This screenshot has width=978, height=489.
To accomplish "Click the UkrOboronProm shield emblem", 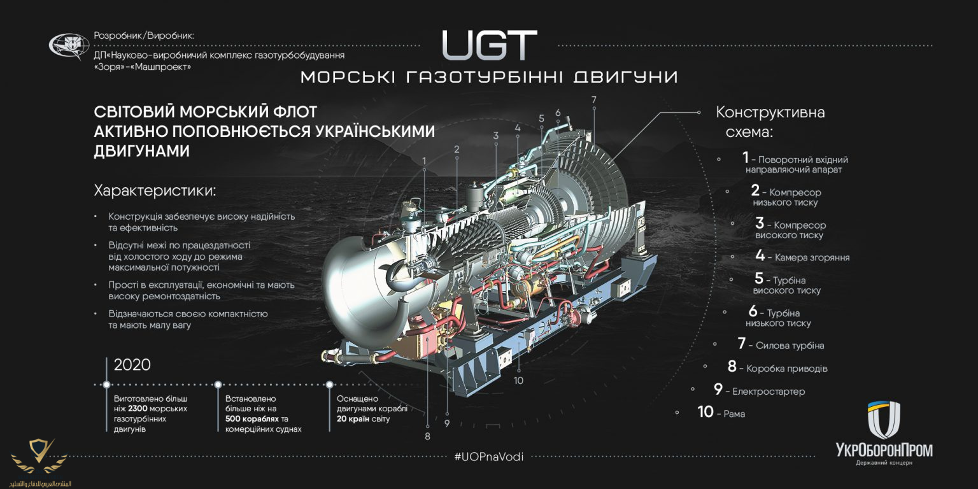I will pos(884,420).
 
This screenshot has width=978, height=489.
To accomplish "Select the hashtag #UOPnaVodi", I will pos(489,457).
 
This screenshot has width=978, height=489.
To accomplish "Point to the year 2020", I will pos(132,365).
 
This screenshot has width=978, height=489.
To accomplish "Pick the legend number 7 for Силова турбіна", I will pos(741,344).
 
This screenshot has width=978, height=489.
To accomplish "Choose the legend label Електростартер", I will pos(768,392).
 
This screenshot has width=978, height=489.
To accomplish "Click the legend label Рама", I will pos(734,414).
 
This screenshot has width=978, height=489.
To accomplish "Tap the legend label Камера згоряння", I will pos(812,258).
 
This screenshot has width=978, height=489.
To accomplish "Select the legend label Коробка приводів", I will pos(786,369).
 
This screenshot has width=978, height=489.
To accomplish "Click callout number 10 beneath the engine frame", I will pos(518,380).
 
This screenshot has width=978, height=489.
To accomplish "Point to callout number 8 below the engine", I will pos(427,436).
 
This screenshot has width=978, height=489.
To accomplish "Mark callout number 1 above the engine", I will pos(424,162).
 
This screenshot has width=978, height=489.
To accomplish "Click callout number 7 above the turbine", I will pos(593,99).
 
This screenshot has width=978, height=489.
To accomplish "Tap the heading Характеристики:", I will pos(155,191).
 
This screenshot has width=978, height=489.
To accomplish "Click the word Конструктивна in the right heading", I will pos(770,113).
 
